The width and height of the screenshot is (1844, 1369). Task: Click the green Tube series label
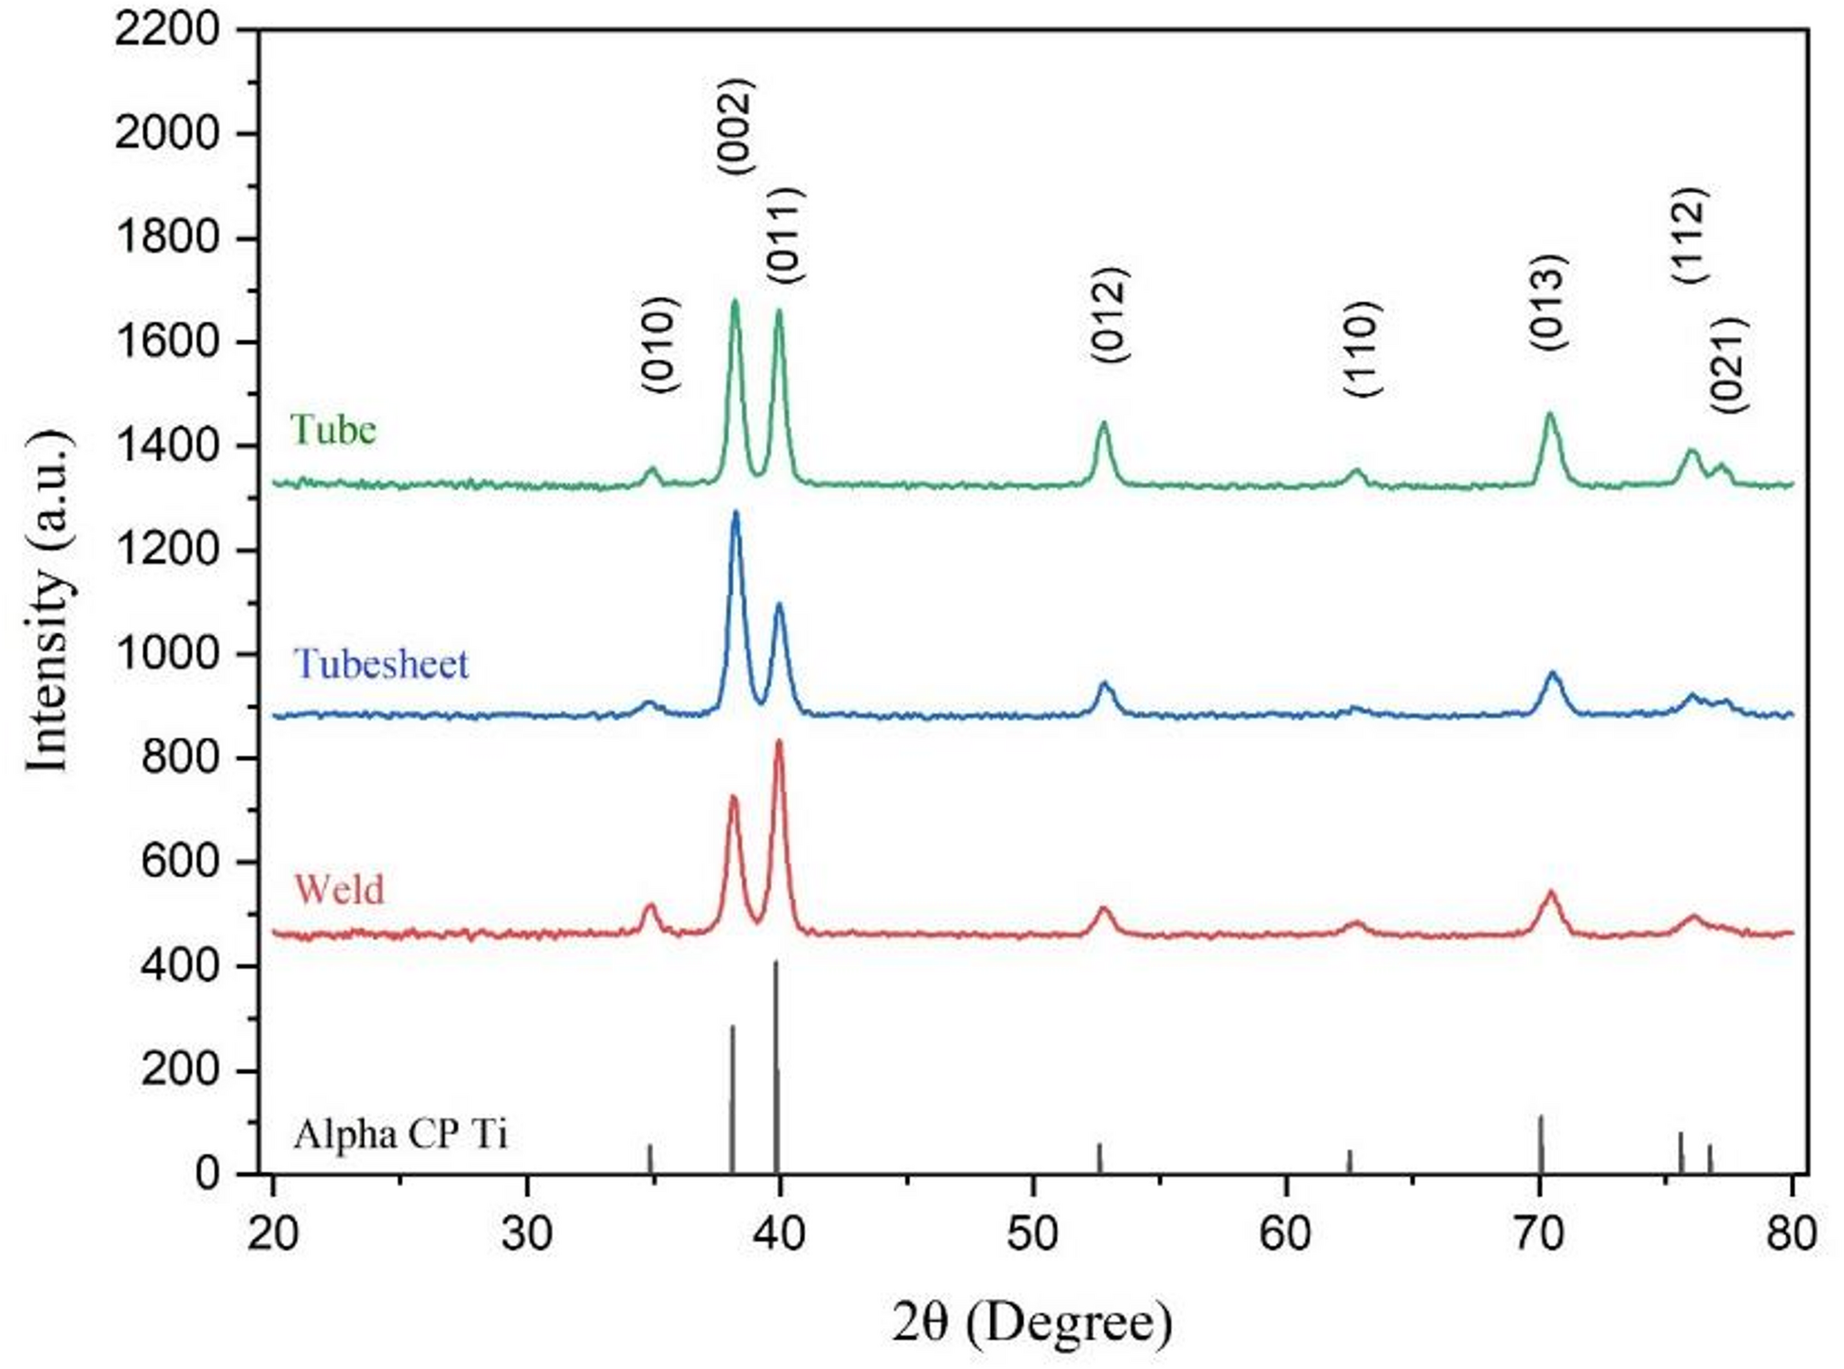(332, 430)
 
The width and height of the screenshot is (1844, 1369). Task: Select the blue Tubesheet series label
(381, 663)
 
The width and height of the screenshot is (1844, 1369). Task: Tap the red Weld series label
(339, 889)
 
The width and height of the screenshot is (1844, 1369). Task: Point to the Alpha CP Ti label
(400, 1134)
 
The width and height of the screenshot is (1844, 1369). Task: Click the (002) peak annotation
(736, 126)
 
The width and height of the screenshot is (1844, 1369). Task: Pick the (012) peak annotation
(1109, 314)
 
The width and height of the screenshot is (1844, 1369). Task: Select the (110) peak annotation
(1363, 348)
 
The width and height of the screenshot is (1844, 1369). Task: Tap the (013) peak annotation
(1548, 301)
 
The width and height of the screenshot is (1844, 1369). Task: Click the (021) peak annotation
(1728, 365)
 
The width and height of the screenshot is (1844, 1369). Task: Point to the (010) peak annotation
(660, 345)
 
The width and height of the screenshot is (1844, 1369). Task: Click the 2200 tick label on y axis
(167, 30)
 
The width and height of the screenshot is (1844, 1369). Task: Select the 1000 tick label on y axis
(167, 653)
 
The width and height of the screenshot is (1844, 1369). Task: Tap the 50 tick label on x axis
(1032, 1234)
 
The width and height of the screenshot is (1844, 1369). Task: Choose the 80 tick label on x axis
(1791, 1234)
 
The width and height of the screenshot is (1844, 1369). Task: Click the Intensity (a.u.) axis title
(48, 601)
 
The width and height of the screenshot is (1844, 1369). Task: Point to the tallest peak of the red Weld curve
(780, 742)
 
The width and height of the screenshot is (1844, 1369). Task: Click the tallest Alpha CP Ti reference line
(776, 1066)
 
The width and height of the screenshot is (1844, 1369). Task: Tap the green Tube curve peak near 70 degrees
(1550, 415)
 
